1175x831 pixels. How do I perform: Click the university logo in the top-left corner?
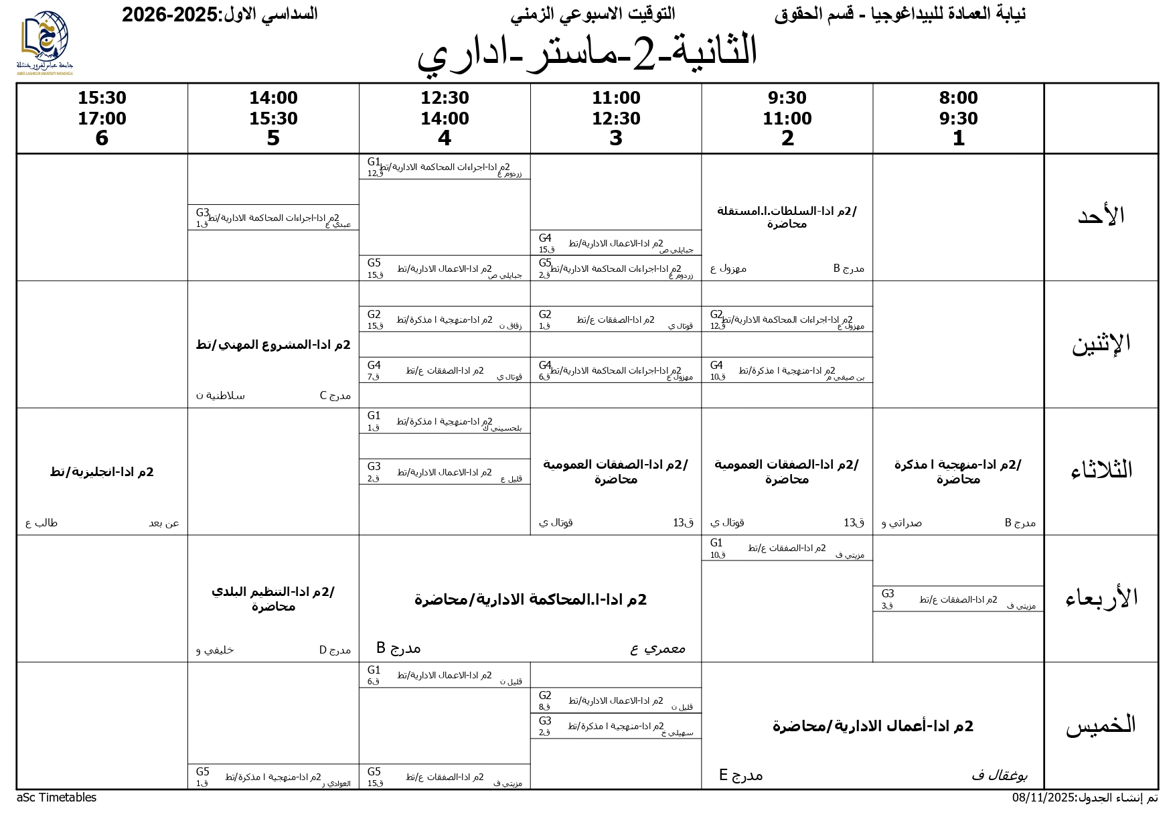pos(44,41)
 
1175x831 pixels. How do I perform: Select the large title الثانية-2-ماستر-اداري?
pos(587,52)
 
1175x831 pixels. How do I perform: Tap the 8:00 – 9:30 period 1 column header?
pos(958,118)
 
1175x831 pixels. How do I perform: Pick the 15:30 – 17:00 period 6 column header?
pos(102,118)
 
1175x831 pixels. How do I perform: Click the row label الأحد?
pos(1101,216)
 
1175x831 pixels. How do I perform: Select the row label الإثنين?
pos(1101,344)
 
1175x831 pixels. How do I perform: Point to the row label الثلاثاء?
pos(1101,470)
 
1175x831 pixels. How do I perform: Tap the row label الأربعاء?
pos(1101,598)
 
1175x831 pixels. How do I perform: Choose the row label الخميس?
pos(1101,726)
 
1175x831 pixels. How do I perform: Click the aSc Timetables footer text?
pos(56,798)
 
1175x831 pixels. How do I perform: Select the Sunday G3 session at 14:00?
pos(273,218)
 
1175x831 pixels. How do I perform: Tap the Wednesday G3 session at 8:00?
pos(958,599)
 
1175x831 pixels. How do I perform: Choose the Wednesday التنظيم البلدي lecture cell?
pos(273,599)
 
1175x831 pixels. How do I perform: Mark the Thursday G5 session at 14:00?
pos(273,777)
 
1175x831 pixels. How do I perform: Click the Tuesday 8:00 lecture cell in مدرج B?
pos(958,471)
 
